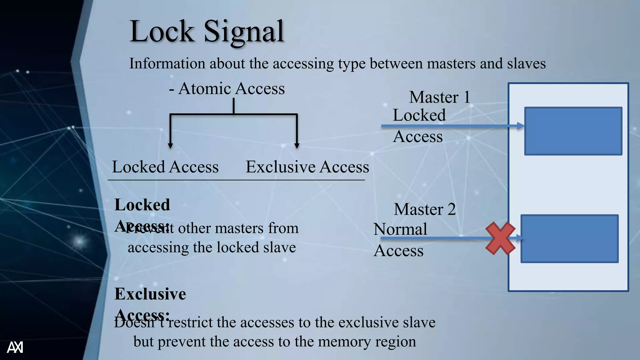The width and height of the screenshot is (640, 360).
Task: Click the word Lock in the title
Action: tap(162, 32)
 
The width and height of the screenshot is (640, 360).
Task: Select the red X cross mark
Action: tap(500, 238)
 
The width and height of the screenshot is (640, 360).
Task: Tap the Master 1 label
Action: tap(439, 97)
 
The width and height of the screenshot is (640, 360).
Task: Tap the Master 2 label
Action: tap(425, 209)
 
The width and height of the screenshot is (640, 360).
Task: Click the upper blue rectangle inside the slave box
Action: tap(573, 131)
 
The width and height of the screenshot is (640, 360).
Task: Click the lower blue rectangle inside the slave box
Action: tap(569, 238)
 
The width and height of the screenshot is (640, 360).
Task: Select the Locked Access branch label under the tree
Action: tap(165, 167)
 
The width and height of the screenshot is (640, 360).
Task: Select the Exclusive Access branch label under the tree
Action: tap(307, 167)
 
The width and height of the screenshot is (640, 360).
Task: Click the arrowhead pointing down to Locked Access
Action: tap(170, 146)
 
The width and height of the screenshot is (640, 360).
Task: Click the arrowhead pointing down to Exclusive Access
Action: tap(297, 146)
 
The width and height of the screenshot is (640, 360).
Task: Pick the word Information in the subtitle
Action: tap(167, 63)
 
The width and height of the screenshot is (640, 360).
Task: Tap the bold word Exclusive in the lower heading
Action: tap(150, 294)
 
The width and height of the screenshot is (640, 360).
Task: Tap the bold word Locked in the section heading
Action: tap(142, 205)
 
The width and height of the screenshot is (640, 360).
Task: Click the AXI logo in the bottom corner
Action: tap(15, 347)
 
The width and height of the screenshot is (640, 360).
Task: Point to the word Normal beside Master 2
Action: tap(400, 229)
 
